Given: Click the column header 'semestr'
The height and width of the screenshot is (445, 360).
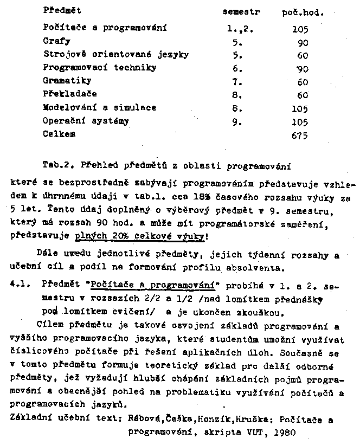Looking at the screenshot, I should pos(241,11).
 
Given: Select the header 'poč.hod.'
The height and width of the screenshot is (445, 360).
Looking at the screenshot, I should pos(303,12).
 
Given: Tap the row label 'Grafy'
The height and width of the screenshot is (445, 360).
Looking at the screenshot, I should pos(56,41).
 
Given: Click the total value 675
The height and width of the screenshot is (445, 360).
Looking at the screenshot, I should pos(299,136).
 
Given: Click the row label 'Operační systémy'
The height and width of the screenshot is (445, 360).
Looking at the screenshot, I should pos(86,121).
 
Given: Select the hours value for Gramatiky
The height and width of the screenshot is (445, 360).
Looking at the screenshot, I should pos(302,82).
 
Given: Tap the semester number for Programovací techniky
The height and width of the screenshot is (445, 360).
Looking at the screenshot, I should pos(236,68).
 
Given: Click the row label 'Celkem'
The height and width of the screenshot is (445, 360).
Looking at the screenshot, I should pos(59,134).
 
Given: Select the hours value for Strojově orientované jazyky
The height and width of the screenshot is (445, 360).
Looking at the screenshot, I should pos(303,55).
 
